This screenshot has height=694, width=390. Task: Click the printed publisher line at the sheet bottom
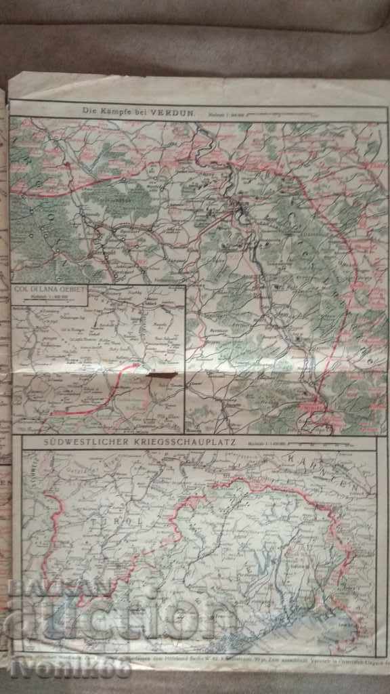pos(203,658)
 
